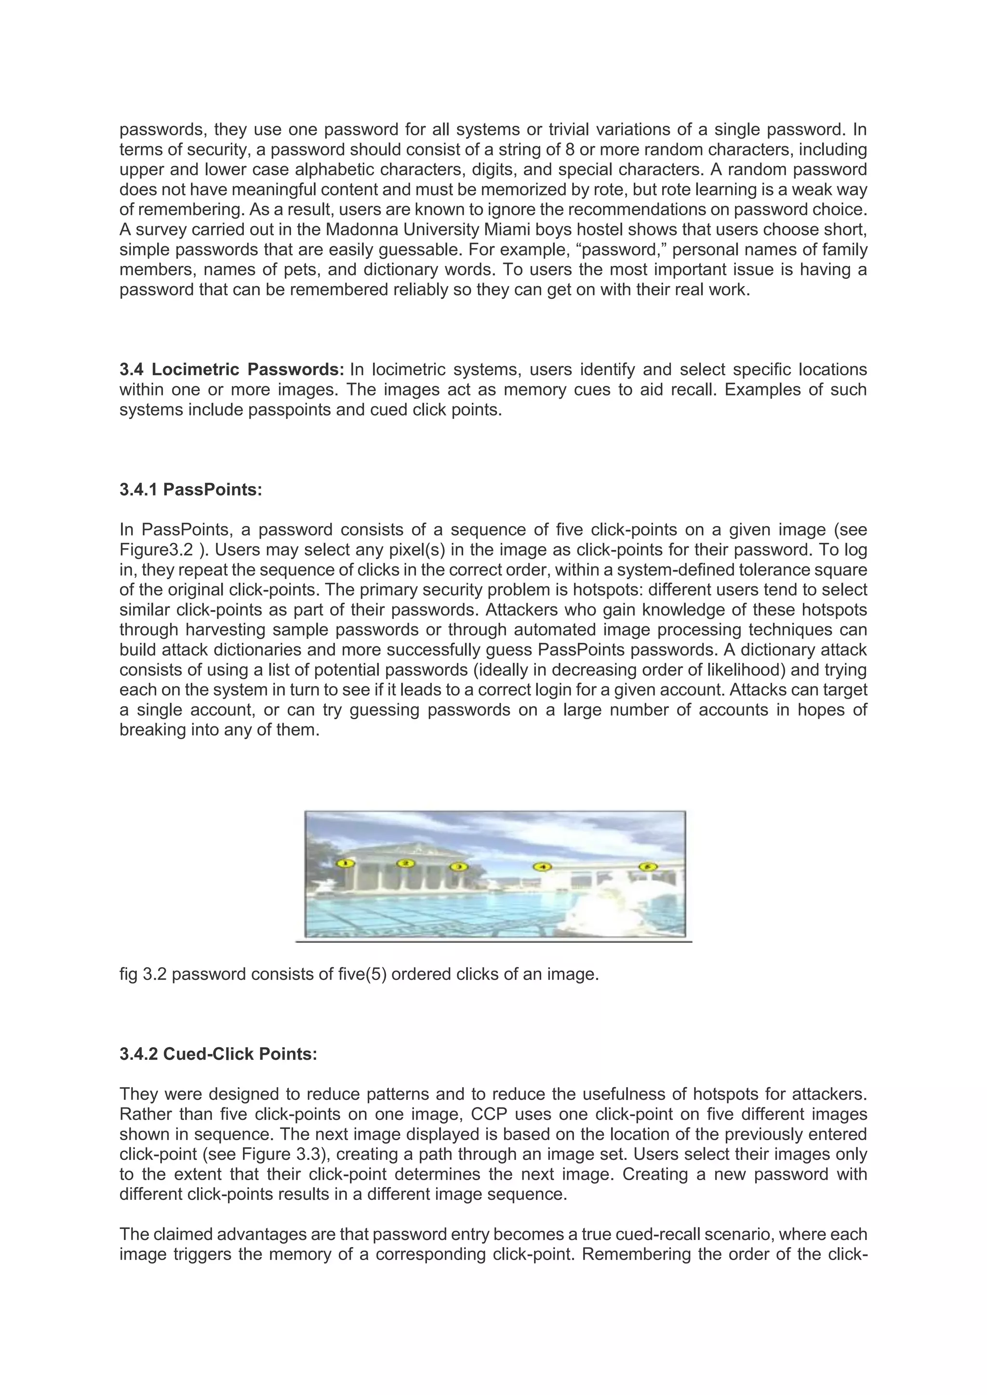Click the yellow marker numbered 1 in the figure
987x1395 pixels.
[345, 863]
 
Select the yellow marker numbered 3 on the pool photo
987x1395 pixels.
[458, 867]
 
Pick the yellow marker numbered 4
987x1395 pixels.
[542, 867]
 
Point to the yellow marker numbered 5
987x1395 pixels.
[648, 867]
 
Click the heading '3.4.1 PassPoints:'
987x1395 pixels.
[191, 490]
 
